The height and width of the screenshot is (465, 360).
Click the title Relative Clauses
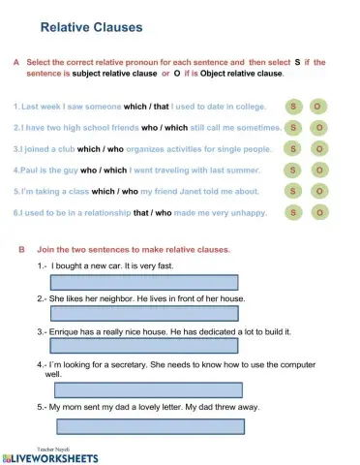93,27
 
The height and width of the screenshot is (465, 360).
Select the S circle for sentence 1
293,106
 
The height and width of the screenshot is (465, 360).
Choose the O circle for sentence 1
318,106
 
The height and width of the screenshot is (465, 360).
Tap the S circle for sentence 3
293,149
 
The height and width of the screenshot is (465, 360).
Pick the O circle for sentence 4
318,170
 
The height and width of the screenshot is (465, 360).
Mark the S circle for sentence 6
293,212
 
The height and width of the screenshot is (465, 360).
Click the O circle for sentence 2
318,128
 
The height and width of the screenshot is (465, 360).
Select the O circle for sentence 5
318,191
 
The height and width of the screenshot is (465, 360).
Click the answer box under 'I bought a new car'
143,282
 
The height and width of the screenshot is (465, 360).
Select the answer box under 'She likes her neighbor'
143,314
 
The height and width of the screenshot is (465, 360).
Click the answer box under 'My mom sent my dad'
149,425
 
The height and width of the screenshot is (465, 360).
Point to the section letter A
16,62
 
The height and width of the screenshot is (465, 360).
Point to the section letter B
22,249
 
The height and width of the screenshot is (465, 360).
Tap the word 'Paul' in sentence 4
29,170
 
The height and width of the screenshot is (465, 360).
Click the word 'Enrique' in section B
66,331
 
